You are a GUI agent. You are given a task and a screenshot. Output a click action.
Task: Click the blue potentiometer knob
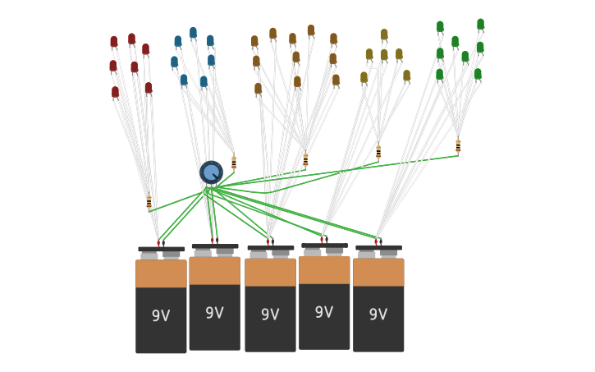212,172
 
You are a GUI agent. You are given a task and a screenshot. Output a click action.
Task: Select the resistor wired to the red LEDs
149,201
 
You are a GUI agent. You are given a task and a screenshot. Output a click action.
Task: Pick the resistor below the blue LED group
234,163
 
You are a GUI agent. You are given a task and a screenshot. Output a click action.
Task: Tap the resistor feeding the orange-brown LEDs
305,159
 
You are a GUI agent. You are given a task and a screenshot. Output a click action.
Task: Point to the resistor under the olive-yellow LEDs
378,152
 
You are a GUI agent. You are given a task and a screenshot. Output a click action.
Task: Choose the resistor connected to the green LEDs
458,146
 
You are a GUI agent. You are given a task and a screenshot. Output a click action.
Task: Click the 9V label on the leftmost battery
161,315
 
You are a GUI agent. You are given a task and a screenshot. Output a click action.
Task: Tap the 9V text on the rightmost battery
378,314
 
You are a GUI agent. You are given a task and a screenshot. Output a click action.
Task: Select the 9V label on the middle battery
270,314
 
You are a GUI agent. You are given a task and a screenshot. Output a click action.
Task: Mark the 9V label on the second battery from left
215,313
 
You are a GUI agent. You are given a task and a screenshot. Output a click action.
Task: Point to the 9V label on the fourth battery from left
324,312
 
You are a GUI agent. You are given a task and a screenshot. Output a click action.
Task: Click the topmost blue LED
193,33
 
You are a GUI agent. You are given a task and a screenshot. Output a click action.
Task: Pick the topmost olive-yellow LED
384,35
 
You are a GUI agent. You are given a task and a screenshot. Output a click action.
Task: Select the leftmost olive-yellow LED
364,78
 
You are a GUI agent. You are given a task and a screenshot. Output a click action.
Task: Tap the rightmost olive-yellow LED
407,76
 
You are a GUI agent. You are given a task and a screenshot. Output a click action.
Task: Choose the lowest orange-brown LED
258,90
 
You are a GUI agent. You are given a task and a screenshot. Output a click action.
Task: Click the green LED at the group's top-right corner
480,25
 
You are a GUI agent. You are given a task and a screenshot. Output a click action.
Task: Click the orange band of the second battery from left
215,271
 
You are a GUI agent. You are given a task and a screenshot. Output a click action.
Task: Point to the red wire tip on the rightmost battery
376,241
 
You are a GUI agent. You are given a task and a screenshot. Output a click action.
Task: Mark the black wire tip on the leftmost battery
163,243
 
